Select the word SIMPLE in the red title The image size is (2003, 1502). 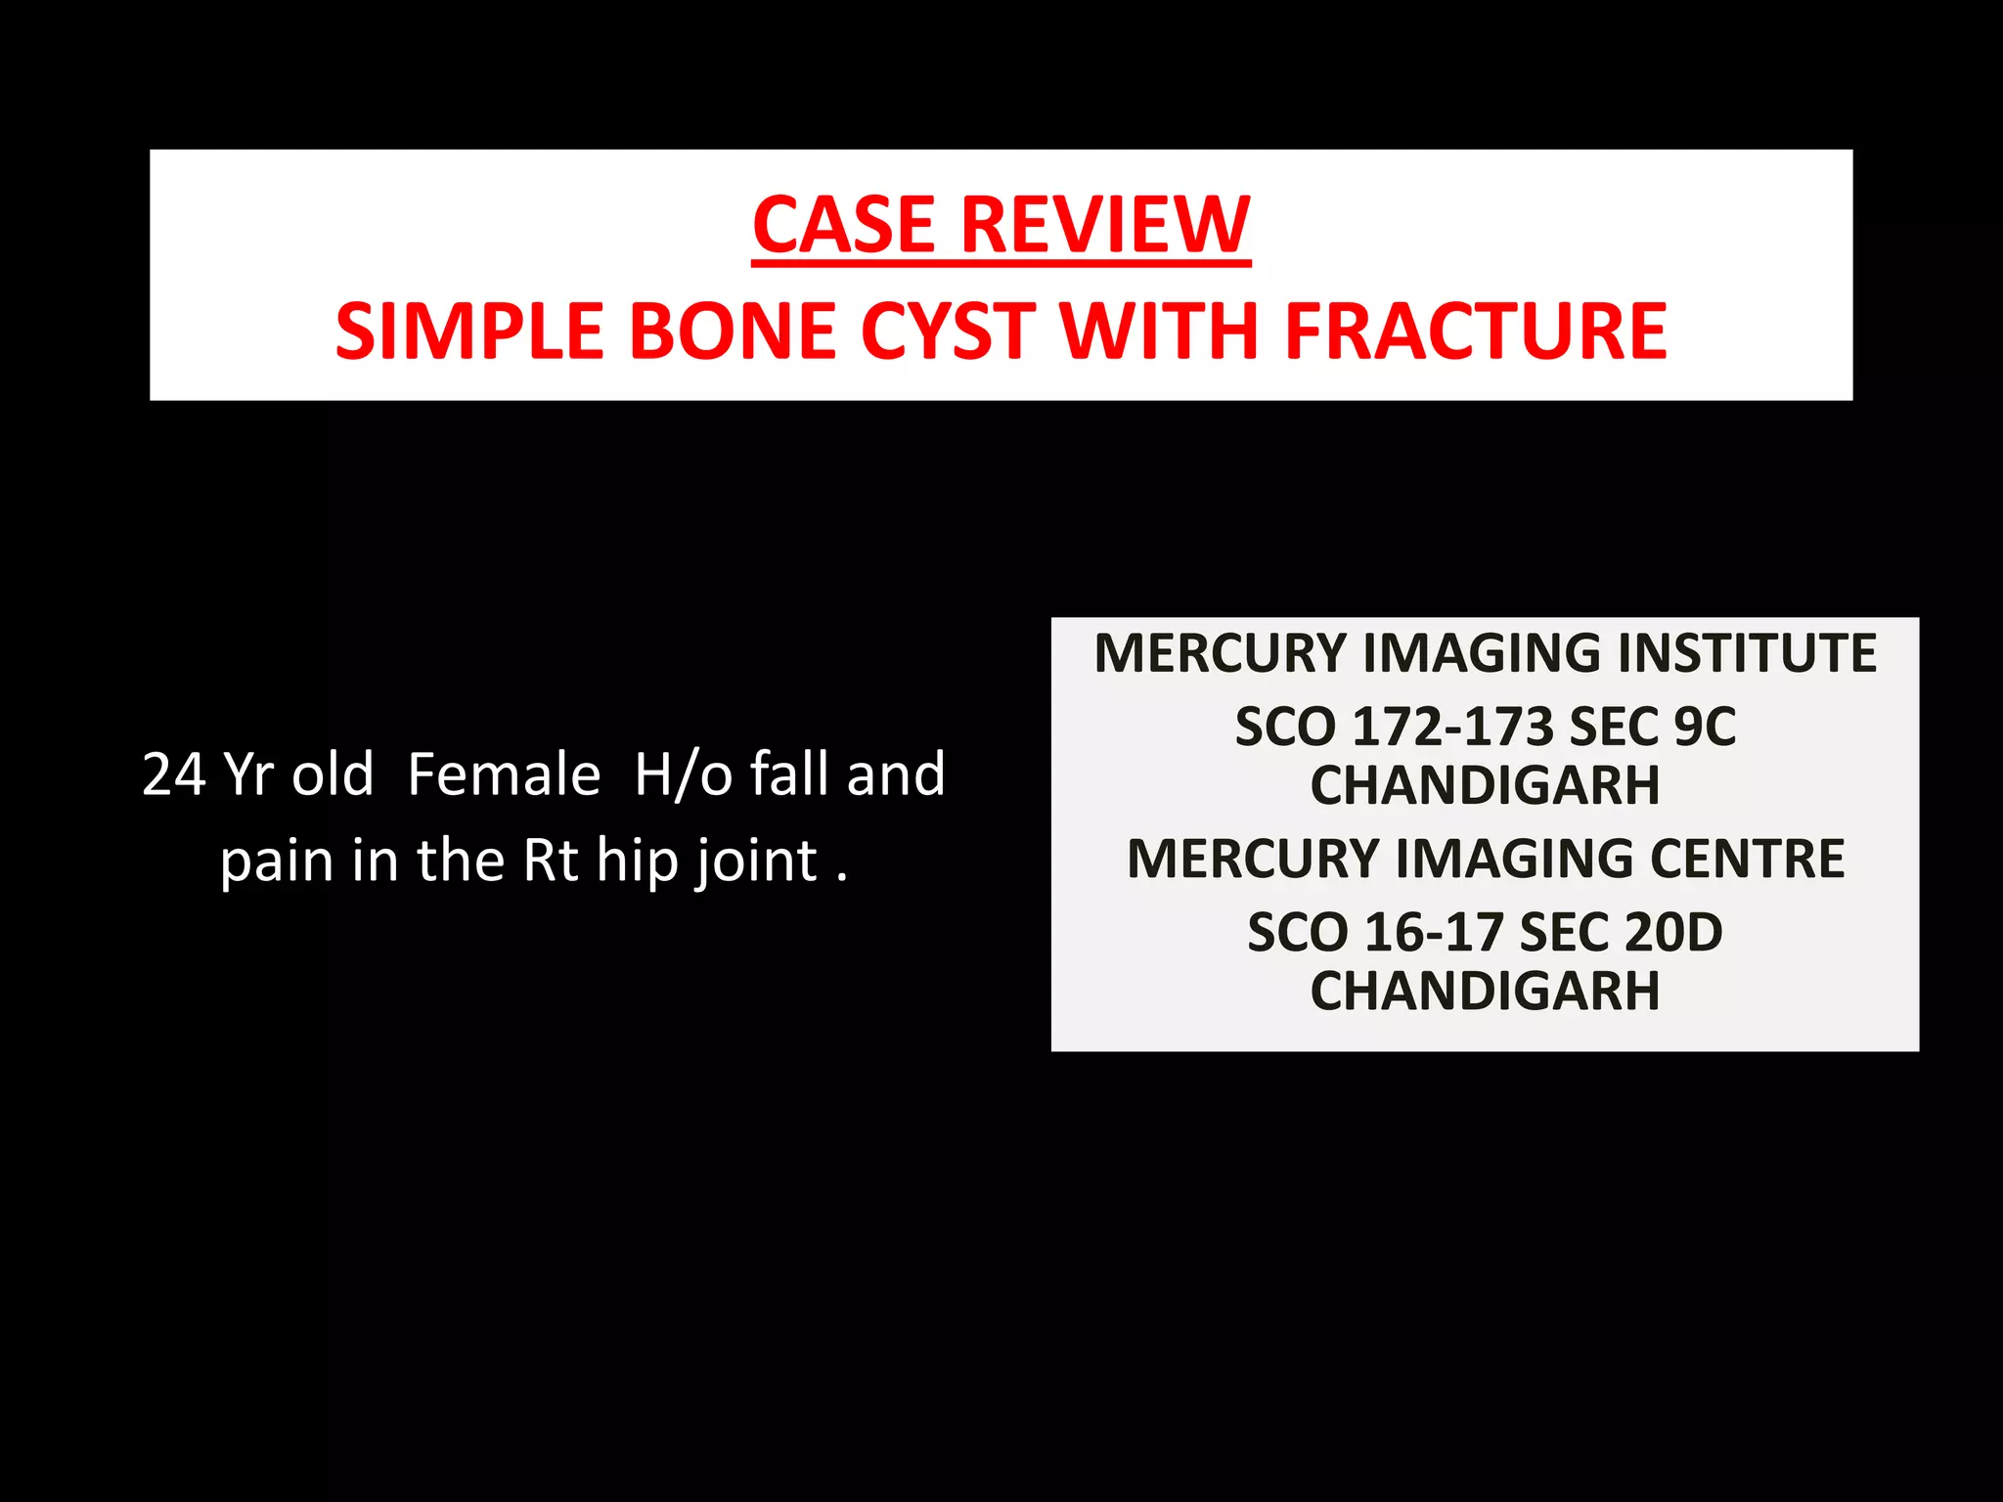coord(469,331)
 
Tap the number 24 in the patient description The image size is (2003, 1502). coord(174,774)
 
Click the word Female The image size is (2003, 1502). coord(504,774)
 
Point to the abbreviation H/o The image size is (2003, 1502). coord(684,774)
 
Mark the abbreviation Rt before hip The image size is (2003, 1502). coord(552,861)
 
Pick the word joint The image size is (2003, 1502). coord(755,861)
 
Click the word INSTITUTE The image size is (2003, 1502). coord(1747,653)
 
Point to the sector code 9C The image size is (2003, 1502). coord(1705,728)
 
